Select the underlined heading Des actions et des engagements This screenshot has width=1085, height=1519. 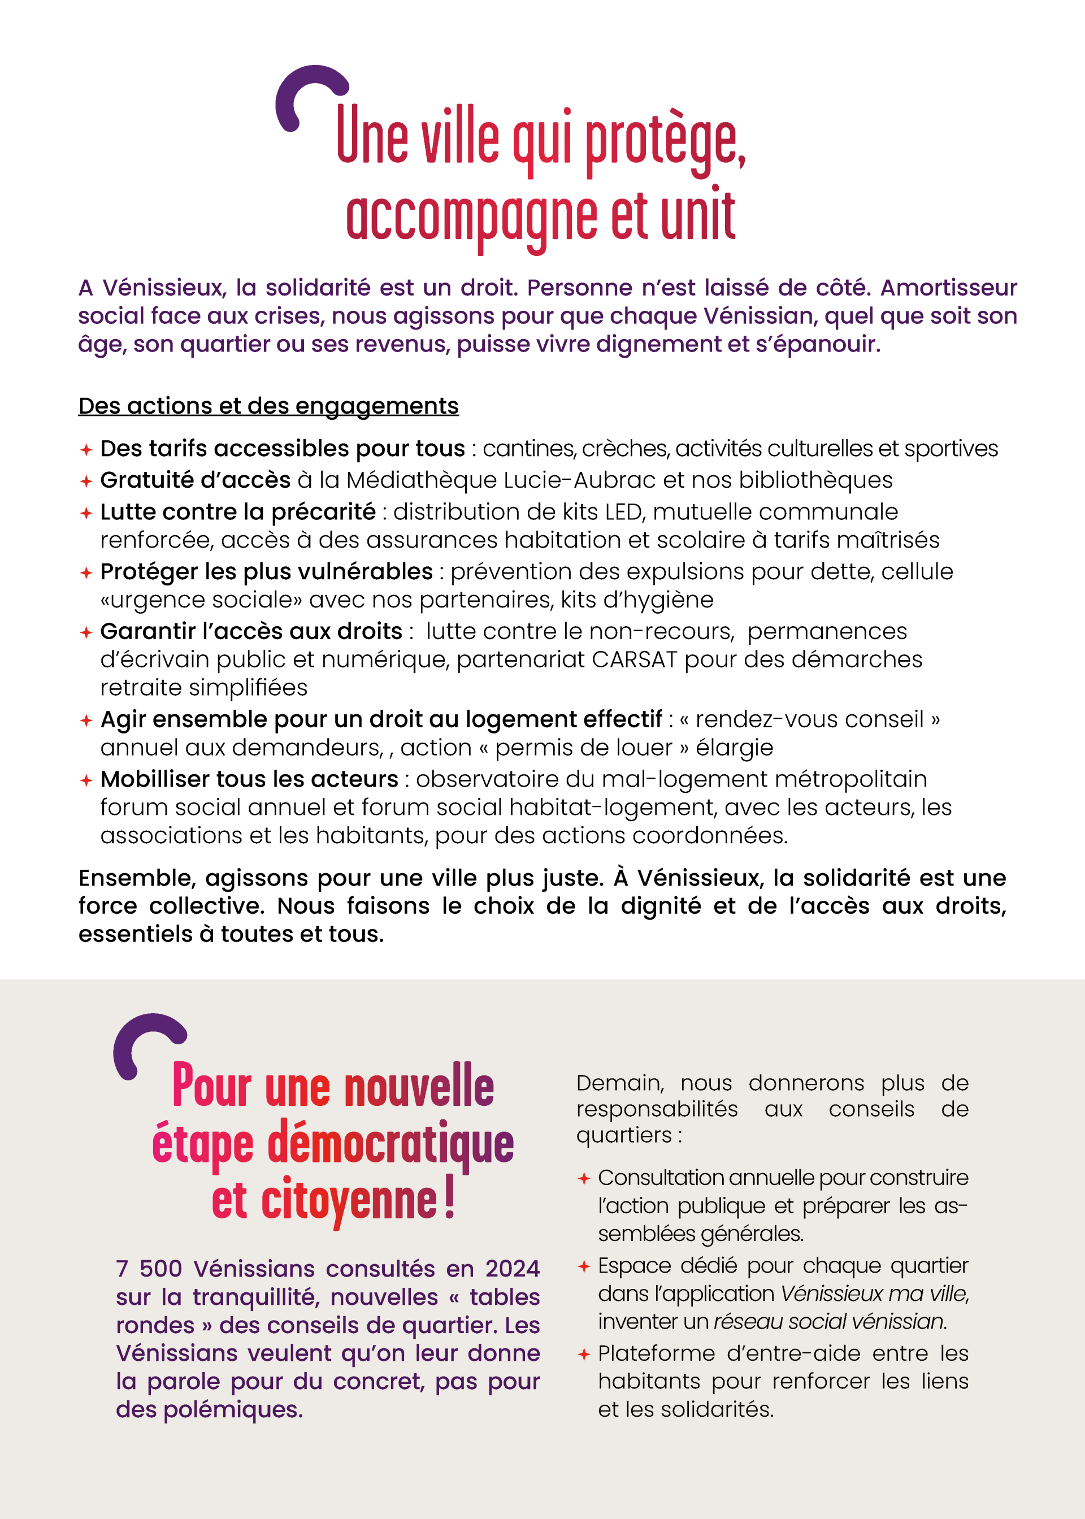pos(268,406)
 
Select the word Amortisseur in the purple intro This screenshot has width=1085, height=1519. pos(948,287)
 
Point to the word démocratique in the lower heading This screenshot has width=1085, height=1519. pos(391,1144)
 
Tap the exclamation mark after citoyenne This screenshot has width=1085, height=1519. pos(449,1199)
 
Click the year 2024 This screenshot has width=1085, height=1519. pos(512,1269)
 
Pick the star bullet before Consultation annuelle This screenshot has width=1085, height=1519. pos(584,1178)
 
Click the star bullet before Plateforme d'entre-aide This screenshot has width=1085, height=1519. pos(584,1354)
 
